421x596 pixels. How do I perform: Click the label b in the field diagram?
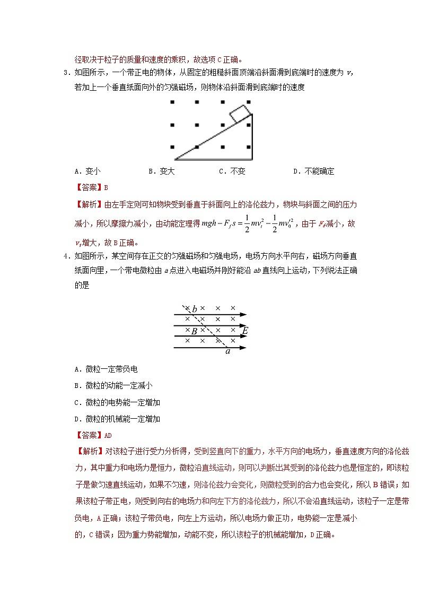[x=195, y=309]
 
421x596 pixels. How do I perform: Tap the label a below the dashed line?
[x=228, y=351]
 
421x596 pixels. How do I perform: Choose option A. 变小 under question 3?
[x=87, y=171]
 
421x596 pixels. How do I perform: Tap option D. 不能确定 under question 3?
[x=313, y=171]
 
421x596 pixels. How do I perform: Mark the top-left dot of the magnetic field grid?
[x=172, y=102]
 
